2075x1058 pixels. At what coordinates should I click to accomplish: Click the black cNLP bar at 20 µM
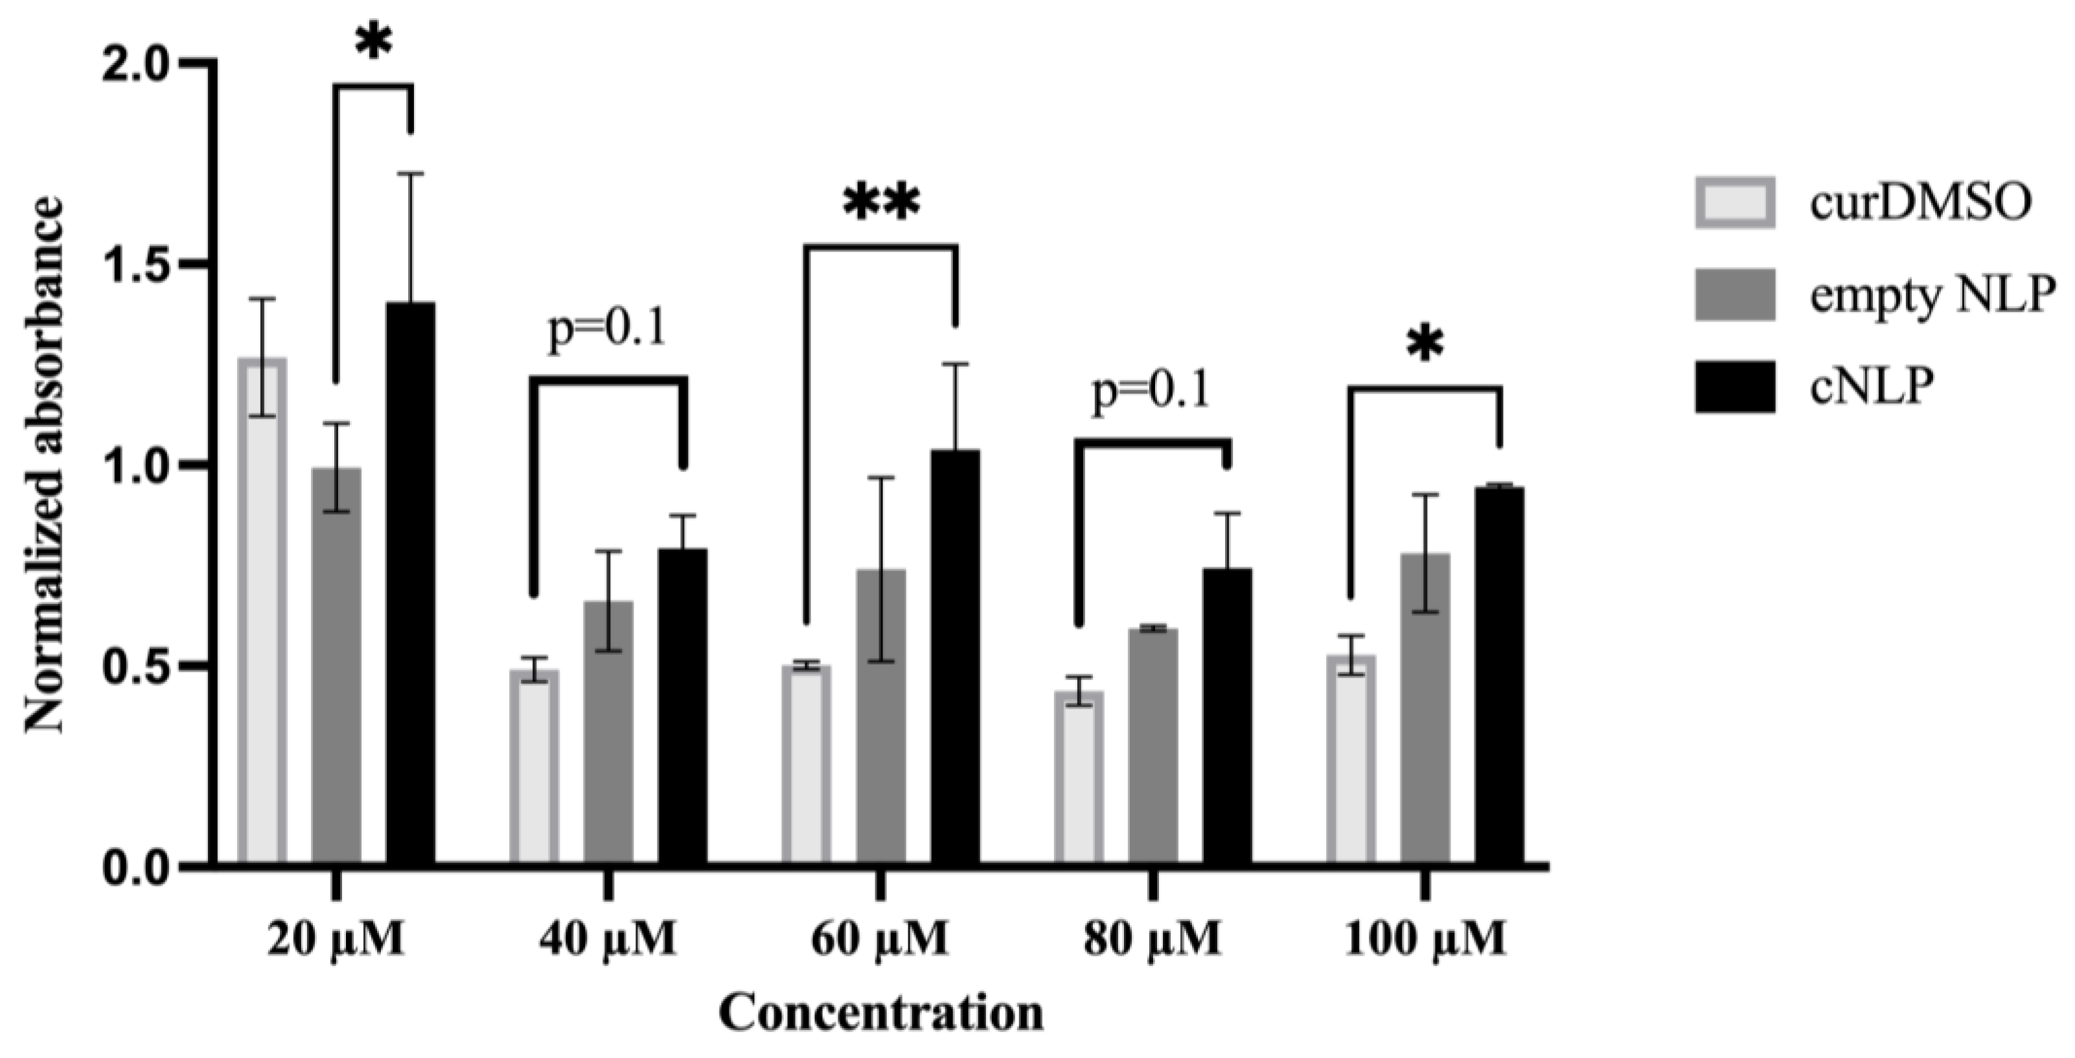pyautogui.click(x=411, y=584)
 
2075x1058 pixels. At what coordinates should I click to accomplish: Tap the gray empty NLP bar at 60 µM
pyautogui.click(x=880, y=717)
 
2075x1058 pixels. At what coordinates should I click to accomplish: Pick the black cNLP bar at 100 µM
pyautogui.click(x=1499, y=677)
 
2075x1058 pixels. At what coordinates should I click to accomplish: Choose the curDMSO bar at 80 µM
pyautogui.click(x=1079, y=777)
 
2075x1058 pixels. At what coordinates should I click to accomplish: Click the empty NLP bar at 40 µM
pyautogui.click(x=608, y=733)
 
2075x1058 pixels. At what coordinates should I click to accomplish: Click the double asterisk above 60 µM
pyautogui.click(x=880, y=203)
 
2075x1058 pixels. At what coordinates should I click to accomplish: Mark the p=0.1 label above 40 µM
pyautogui.click(x=608, y=329)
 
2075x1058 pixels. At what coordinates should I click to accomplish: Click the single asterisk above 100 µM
pyautogui.click(x=1426, y=345)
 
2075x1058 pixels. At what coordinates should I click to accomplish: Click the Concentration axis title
pyautogui.click(x=880, y=1013)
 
